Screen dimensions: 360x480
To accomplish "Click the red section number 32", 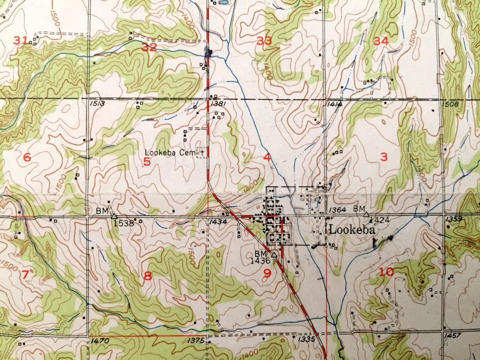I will (x=149, y=47).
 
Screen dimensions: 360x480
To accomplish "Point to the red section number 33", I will (x=264, y=41).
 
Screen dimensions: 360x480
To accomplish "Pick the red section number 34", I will (x=381, y=41).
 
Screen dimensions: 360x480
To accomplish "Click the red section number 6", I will (x=27, y=157).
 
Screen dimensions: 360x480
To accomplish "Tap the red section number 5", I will (x=147, y=161).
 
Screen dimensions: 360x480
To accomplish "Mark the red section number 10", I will (x=387, y=272).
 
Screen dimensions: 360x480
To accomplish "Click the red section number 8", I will (x=147, y=276).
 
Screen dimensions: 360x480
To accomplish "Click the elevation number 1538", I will (x=123, y=224).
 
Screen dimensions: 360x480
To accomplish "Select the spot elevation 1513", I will (x=96, y=104).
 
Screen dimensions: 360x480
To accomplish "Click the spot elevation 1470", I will (x=100, y=341).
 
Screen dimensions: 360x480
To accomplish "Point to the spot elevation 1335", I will (x=306, y=339).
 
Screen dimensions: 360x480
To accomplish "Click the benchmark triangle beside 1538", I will (x=114, y=216).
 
